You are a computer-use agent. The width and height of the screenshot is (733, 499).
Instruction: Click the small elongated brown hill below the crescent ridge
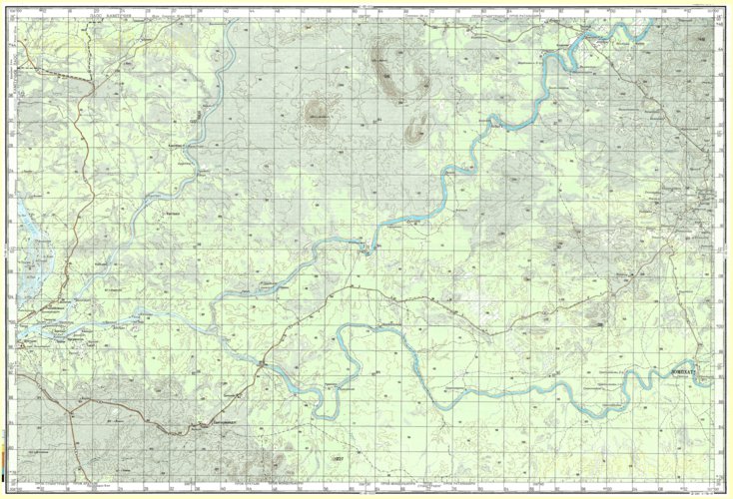click(x=414, y=128)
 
